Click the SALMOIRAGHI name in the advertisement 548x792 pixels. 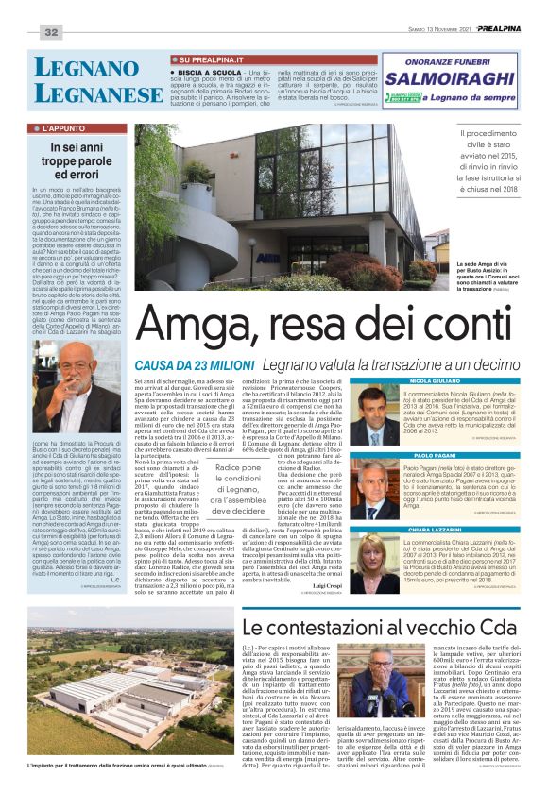click(x=449, y=79)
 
